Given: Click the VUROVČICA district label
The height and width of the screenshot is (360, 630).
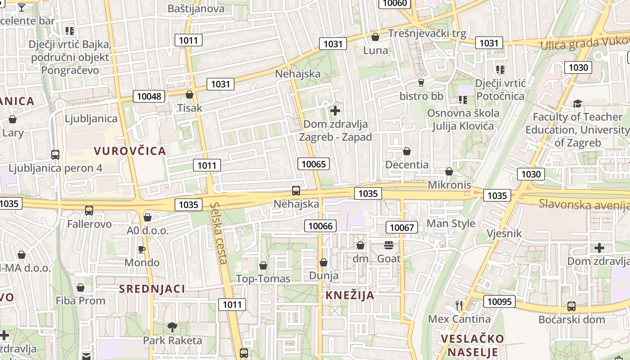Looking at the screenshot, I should pyautogui.click(x=130, y=151).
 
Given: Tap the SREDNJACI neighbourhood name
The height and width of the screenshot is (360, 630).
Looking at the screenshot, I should pyautogui.click(x=152, y=289).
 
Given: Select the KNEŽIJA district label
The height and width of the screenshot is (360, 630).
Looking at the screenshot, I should pyautogui.click(x=350, y=295).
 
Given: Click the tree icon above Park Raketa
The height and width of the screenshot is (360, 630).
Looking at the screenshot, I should pyautogui.click(x=172, y=327).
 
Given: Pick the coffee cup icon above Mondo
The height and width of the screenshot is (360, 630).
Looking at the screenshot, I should pyautogui.click(x=142, y=249).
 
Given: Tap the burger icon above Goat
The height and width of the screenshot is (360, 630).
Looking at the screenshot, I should pyautogui.click(x=389, y=245).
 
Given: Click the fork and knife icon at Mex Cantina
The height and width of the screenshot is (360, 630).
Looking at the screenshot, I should pyautogui.click(x=459, y=306).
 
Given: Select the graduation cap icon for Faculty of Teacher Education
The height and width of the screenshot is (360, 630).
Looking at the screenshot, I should pyautogui.click(x=577, y=104).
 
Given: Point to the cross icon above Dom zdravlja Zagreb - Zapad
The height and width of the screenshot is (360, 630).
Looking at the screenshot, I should pyautogui.click(x=335, y=110).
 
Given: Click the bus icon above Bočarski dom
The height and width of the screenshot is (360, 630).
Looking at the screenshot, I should pyautogui.click(x=571, y=306).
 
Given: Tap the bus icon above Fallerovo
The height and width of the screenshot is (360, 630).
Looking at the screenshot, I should pyautogui.click(x=89, y=210).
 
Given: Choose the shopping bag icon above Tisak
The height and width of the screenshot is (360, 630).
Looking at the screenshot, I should pyautogui.click(x=189, y=94).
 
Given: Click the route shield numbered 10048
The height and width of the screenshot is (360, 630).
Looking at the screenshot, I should pyautogui.click(x=149, y=96).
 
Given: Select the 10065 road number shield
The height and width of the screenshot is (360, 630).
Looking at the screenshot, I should pyautogui.click(x=313, y=164).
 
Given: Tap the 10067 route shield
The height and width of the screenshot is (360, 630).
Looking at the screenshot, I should pyautogui.click(x=401, y=227).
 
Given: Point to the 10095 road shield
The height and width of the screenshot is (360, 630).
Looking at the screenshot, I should pyautogui.click(x=499, y=301).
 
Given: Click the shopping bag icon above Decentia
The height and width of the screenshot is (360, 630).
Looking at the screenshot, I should pyautogui.click(x=407, y=151).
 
